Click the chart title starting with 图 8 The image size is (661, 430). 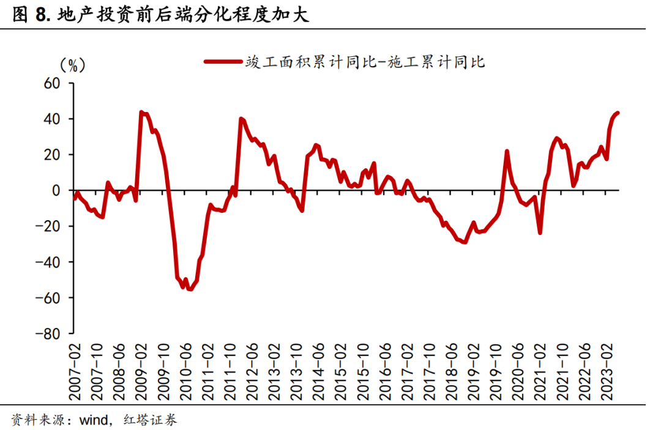click(x=160, y=15)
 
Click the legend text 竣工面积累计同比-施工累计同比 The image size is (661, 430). click(x=365, y=61)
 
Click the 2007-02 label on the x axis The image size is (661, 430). click(x=75, y=369)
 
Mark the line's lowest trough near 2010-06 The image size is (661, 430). click(x=190, y=289)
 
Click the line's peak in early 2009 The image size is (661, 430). click(x=141, y=113)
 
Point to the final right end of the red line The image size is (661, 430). click(x=618, y=113)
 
